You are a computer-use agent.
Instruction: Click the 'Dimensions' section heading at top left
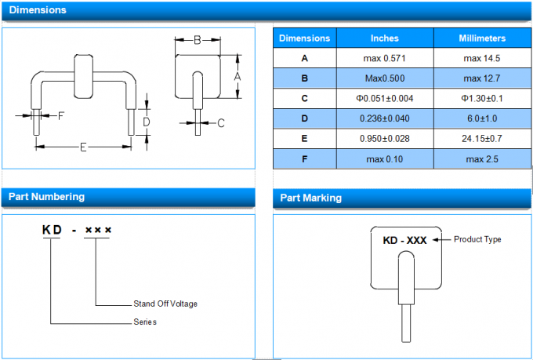coord(37,10)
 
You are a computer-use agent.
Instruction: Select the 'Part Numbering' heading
coord(46,196)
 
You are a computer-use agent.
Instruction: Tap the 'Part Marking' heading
coord(311,198)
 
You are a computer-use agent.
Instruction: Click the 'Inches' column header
coord(384,38)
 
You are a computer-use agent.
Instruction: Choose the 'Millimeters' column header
coord(482,38)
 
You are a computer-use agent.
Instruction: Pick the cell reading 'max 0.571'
coord(384,58)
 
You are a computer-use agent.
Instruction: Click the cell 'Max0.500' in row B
coord(384,78)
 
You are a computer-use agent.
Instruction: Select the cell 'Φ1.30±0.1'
coord(482,98)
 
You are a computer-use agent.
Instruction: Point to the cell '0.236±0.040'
coord(384,118)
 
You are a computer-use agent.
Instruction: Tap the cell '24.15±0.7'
coord(482,139)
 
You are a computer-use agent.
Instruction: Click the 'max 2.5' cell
coord(482,159)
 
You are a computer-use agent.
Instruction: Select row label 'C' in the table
coord(305,98)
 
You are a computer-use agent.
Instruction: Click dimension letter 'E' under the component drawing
coord(83,147)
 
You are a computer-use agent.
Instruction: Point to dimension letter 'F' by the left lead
coord(61,115)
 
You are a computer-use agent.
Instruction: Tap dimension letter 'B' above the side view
coord(198,39)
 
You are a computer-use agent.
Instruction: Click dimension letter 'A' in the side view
coord(237,76)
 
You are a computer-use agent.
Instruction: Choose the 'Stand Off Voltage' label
coord(165,304)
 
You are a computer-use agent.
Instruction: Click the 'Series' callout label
coord(145,322)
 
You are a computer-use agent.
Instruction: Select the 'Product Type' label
coord(477,239)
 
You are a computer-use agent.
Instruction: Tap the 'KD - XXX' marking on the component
coord(405,240)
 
